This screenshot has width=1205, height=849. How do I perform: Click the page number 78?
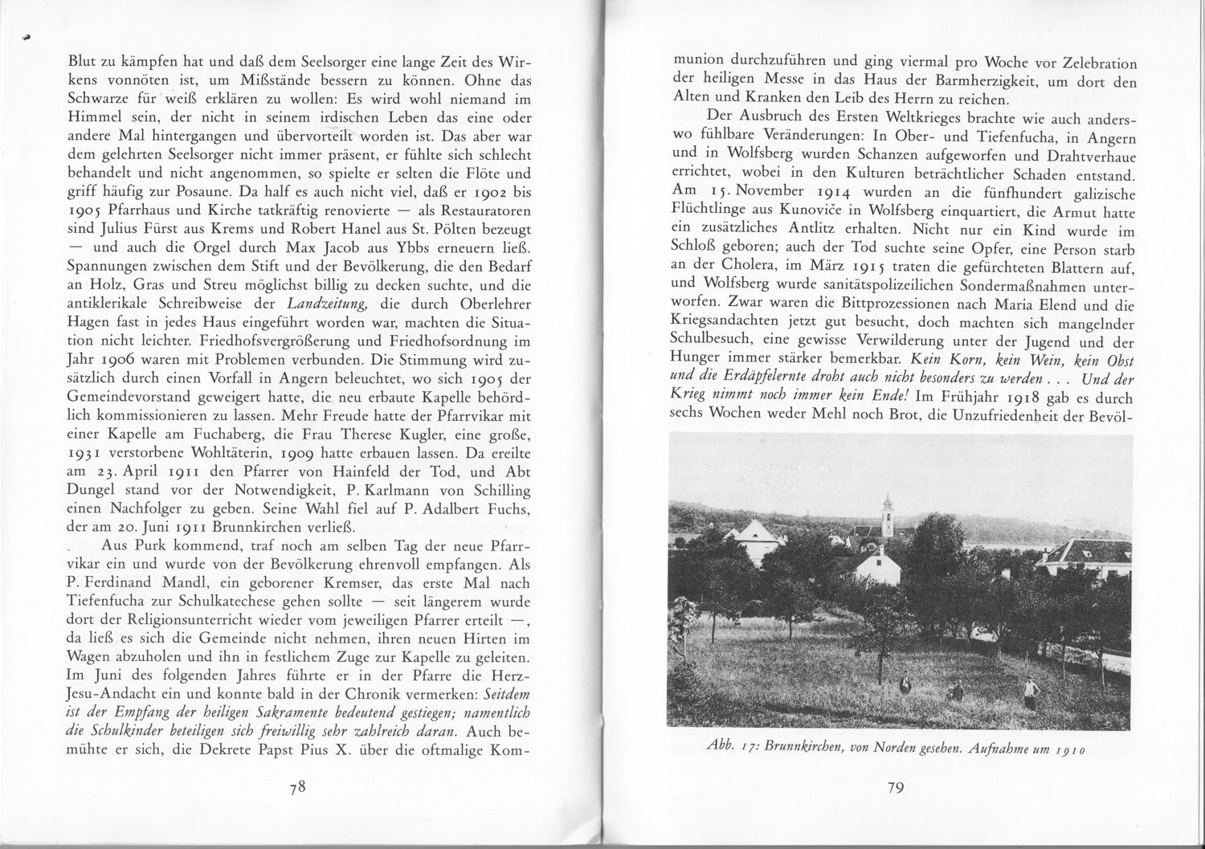[x=299, y=788]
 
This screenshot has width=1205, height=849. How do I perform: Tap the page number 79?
[x=897, y=788]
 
